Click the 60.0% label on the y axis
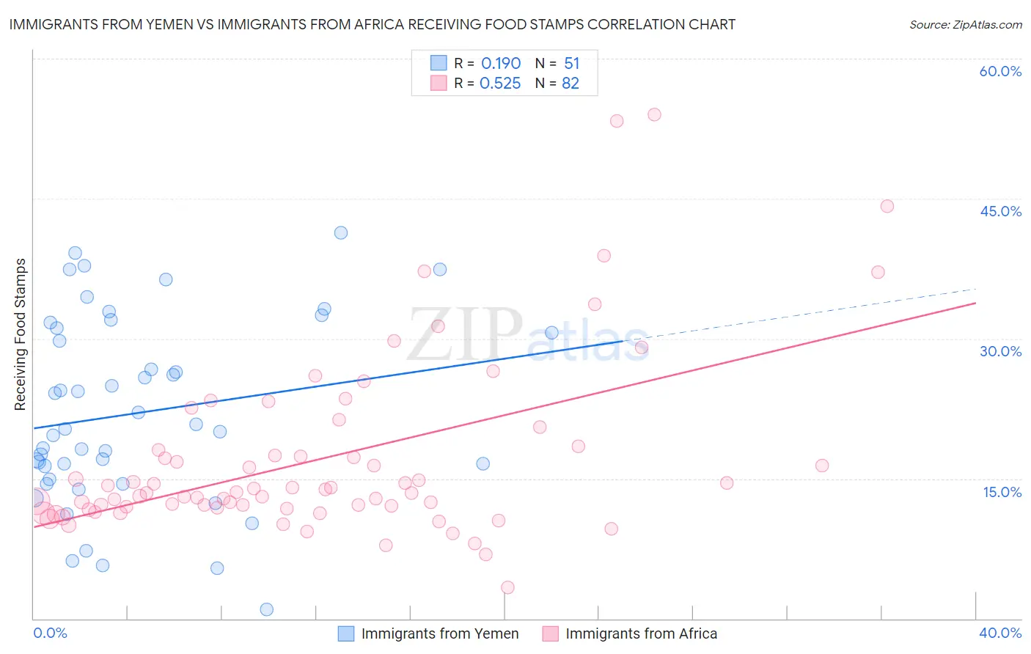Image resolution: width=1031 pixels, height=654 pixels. coord(1000,71)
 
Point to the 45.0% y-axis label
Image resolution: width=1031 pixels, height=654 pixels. coord(1000,211)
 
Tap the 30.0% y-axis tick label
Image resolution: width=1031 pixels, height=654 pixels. coord(1000,351)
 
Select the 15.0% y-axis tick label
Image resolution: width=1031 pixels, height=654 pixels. coord(1002,491)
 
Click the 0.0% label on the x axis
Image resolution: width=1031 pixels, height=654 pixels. coord(50,633)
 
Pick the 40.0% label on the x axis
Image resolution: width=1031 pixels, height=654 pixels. coord(1000,633)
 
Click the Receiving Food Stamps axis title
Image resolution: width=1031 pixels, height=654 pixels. coord(21,334)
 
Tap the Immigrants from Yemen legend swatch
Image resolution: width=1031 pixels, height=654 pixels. coord(345,633)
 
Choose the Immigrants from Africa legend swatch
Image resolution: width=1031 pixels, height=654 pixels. coord(550,633)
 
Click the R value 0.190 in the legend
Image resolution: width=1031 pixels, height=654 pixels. coord(501,64)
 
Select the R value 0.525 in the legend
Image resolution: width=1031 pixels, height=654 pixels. coord(500,84)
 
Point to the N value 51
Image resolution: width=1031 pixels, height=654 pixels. coord(572,64)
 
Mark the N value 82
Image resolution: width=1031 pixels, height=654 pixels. coord(570,84)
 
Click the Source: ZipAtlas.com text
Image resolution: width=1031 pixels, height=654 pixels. coord(965,25)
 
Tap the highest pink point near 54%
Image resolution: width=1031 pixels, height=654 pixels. coord(654,114)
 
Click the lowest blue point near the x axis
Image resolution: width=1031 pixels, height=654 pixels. coord(267,609)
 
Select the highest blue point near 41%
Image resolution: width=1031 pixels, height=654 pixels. coord(341,232)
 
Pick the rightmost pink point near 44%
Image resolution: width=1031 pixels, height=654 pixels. coord(887,206)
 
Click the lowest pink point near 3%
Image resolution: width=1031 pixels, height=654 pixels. coord(507,587)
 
